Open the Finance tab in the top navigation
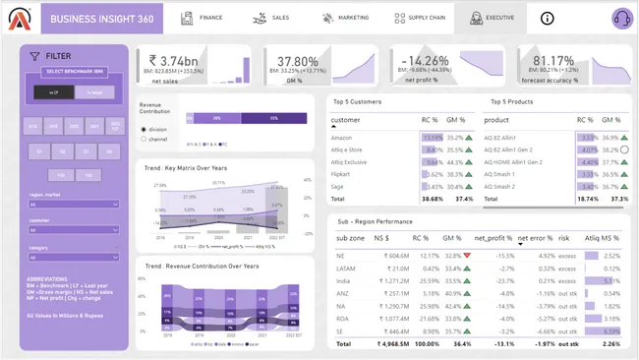pos(203,18)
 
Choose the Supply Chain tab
pos(423,18)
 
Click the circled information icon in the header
pos(548,18)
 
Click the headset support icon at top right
pos(620,18)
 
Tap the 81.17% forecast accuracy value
pos(553,60)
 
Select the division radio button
pos(143,128)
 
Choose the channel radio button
pos(143,139)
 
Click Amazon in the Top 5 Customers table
pos(342,139)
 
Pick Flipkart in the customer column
pos(342,174)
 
